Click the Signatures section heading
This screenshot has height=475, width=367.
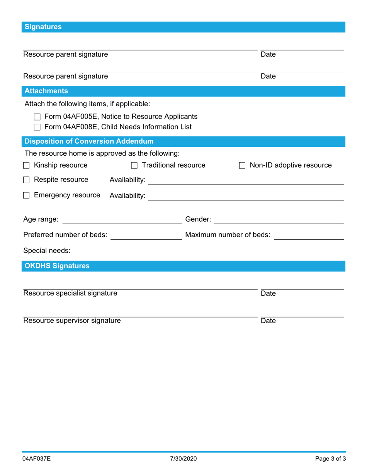(43, 27)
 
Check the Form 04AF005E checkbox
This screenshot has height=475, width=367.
(37, 117)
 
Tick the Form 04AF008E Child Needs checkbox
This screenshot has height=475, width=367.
(37, 127)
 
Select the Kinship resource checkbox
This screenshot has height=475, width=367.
(26, 166)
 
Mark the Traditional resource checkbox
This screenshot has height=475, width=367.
(134, 166)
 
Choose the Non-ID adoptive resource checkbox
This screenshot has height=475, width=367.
(242, 166)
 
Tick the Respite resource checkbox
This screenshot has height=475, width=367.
(26, 180)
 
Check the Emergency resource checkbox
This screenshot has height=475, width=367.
(26, 195)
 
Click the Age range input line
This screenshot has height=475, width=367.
(122, 220)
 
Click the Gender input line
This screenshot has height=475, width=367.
(279, 220)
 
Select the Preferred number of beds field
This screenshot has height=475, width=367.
(146, 236)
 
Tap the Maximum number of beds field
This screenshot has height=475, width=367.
(309, 236)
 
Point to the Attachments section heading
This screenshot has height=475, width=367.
(46, 91)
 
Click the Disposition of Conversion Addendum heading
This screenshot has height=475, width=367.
(89, 141)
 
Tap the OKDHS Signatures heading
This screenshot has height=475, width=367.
(57, 266)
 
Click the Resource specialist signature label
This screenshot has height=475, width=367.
(70, 293)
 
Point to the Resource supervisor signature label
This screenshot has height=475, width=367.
(72, 321)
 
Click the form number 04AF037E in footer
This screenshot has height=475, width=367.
(36, 459)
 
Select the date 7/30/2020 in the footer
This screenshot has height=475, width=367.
(183, 459)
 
